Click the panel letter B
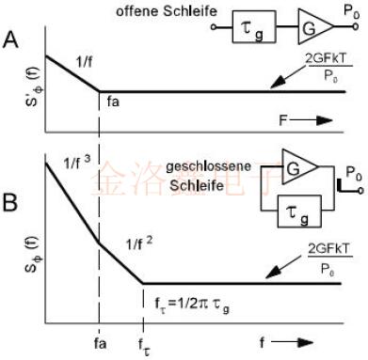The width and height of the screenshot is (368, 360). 11,201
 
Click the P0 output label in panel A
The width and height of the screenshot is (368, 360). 350,10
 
